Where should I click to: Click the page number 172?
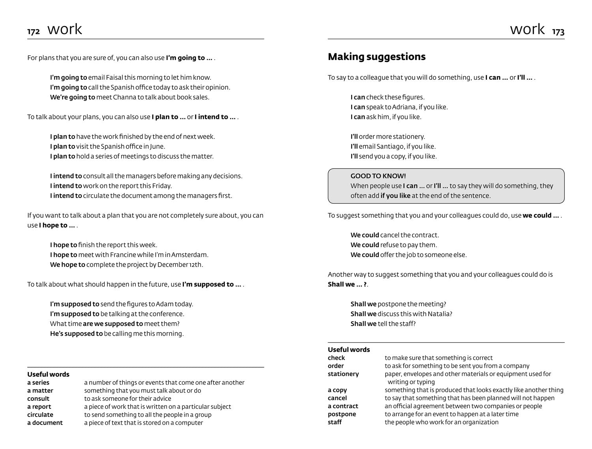(34, 32)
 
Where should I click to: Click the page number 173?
(558, 32)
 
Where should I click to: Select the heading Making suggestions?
(377, 57)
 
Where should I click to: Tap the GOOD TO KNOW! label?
(378, 176)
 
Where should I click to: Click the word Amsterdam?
(189, 255)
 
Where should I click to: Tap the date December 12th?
(180, 265)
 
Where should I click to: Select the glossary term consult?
(38, 398)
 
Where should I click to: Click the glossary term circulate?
(40, 415)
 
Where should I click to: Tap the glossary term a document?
(45, 423)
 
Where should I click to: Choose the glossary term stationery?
(343, 374)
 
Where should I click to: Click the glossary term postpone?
(342, 414)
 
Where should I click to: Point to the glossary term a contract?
(343, 406)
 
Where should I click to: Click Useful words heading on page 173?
(349, 349)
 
